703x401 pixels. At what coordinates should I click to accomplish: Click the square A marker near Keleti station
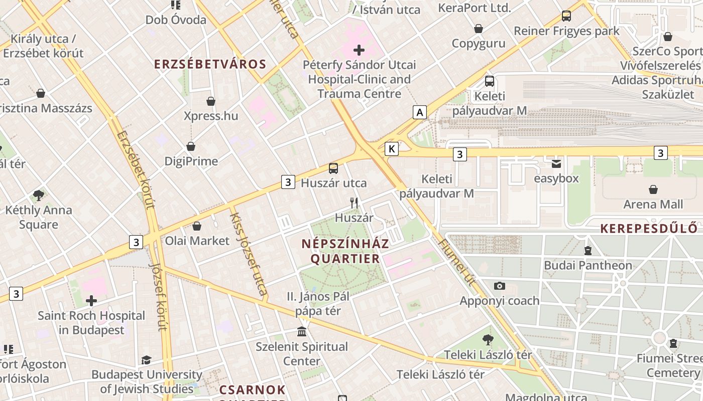420,112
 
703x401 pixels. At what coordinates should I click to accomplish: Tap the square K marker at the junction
392,148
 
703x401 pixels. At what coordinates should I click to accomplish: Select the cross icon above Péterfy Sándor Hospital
359,50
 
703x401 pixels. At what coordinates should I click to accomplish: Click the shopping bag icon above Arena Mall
653,189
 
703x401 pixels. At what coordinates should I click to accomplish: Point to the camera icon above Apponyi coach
499,286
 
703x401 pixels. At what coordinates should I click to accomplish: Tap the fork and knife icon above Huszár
355,203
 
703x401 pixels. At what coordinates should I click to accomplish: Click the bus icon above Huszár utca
333,168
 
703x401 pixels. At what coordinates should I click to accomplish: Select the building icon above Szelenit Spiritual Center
302,331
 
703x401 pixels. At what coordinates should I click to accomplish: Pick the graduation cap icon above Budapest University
146,360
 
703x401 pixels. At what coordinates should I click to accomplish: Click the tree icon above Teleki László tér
488,340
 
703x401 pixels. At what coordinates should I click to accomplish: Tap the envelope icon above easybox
556,164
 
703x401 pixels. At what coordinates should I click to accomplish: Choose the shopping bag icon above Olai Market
197,226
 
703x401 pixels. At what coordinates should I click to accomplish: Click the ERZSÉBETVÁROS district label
210,64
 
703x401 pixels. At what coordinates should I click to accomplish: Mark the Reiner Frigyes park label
566,31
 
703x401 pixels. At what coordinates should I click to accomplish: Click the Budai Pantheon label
588,265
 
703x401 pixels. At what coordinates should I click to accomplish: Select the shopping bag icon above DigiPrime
191,146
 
